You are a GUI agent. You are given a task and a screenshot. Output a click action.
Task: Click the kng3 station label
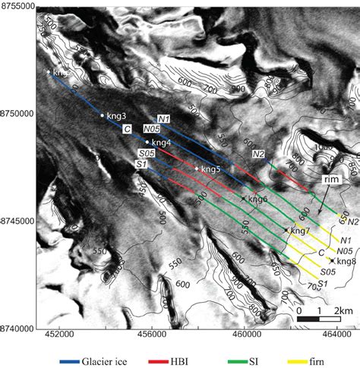[116, 117]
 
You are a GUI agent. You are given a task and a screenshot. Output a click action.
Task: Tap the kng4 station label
[160, 143]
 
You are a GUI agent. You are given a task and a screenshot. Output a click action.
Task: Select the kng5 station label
[210, 170]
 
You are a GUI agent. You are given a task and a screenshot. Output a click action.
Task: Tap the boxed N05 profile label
[151, 129]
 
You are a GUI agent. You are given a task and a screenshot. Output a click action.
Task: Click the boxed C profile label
[128, 129]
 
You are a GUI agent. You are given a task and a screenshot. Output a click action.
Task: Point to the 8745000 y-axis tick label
[18, 221]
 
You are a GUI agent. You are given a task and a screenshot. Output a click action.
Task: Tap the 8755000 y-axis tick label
[18, 5]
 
